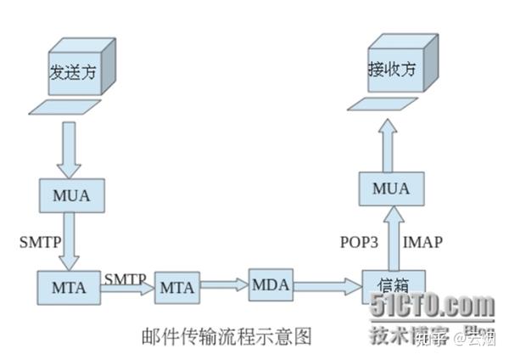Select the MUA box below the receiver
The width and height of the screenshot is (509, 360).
click(x=390, y=188)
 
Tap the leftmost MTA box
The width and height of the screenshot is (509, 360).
click(x=69, y=286)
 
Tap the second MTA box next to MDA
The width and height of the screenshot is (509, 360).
click(x=177, y=289)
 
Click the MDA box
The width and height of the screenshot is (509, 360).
click(x=271, y=283)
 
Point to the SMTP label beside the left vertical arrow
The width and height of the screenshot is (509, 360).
click(x=40, y=241)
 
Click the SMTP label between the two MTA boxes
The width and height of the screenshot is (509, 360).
click(x=125, y=278)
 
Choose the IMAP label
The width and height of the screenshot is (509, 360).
click(x=422, y=241)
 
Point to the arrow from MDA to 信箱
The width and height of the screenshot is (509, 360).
click(x=326, y=286)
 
